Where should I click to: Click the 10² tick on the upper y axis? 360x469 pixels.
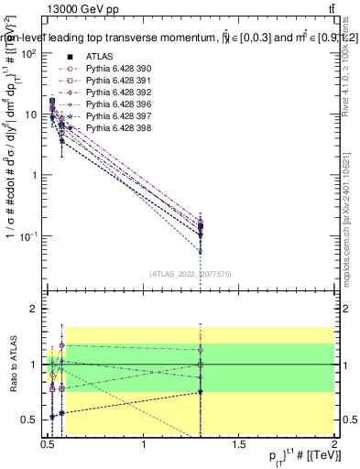29,54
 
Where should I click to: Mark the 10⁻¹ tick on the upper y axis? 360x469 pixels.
28,235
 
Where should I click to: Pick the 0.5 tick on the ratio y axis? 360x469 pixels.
30,420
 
